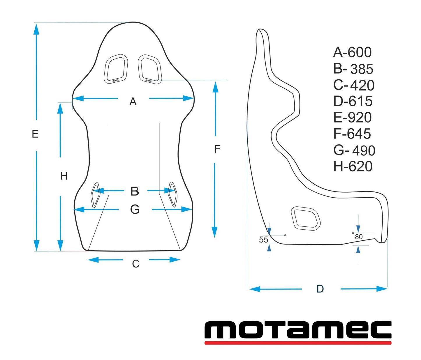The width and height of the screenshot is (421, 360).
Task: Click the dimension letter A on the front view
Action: pos(133,102)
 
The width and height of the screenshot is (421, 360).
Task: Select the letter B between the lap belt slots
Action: pos(134,191)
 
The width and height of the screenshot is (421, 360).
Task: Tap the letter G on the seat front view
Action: pos(135,210)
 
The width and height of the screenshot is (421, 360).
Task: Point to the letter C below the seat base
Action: pos(135,264)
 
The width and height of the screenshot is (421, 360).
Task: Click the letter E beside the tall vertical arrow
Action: pos(35,134)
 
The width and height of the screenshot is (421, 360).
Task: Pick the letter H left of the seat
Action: pos(64,176)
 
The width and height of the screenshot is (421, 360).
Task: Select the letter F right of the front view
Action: pos(217,149)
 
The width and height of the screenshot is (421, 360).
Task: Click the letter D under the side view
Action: pos(320,289)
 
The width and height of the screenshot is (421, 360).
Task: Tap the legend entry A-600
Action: pos(352,53)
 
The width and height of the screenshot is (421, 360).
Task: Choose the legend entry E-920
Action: pos(352,118)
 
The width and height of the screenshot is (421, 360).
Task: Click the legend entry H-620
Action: pos(353,166)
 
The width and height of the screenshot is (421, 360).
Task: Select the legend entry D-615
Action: pos(353,101)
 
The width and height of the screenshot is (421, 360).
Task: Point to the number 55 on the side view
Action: pos(263,240)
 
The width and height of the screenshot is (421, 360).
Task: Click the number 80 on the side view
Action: pos(359,237)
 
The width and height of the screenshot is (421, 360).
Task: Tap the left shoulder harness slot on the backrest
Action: pos(116,69)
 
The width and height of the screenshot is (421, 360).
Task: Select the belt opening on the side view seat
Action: pos(305,218)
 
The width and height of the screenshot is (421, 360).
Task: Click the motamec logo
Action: pos(298,332)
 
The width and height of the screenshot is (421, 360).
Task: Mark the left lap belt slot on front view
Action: pos(95,195)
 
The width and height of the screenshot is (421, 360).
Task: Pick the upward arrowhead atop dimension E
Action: pos(36,29)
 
